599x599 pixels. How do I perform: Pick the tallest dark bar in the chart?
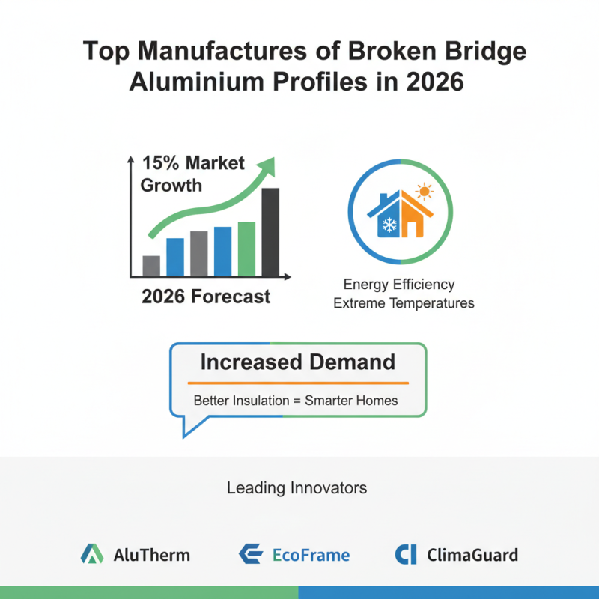[270, 231]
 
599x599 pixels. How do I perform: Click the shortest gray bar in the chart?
[151, 265]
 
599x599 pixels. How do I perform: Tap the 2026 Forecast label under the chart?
[206, 297]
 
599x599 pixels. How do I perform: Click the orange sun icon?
[425, 192]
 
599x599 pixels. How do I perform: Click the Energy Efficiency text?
[399, 285]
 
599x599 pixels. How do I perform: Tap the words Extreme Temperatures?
[404, 303]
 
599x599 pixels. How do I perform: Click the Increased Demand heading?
[297, 362]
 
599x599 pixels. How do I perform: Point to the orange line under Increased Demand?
[297, 382]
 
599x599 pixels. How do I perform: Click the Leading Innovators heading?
[297, 488]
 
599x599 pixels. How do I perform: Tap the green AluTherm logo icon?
[91, 555]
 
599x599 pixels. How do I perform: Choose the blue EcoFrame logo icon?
[249, 555]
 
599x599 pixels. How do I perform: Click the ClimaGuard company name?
[472, 556]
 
